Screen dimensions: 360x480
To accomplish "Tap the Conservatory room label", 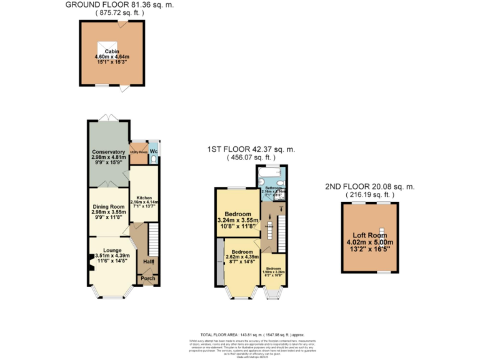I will [109, 152].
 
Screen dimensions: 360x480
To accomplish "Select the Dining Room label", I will [109, 207].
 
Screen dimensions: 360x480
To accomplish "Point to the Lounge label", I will [112, 251].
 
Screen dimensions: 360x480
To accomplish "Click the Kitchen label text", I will [144, 198].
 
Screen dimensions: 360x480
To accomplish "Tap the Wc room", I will [153, 152].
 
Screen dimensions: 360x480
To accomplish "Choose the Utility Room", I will [137, 152].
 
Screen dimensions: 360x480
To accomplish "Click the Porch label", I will [147, 278].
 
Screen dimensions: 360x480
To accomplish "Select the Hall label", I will [149, 261].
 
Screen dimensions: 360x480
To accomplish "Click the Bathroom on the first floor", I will [275, 188].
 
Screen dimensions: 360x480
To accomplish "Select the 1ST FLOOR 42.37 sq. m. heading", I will [251, 149].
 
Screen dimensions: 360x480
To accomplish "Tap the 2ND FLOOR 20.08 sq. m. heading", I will [370, 186].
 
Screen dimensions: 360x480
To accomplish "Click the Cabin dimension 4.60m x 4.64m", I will [112, 57].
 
